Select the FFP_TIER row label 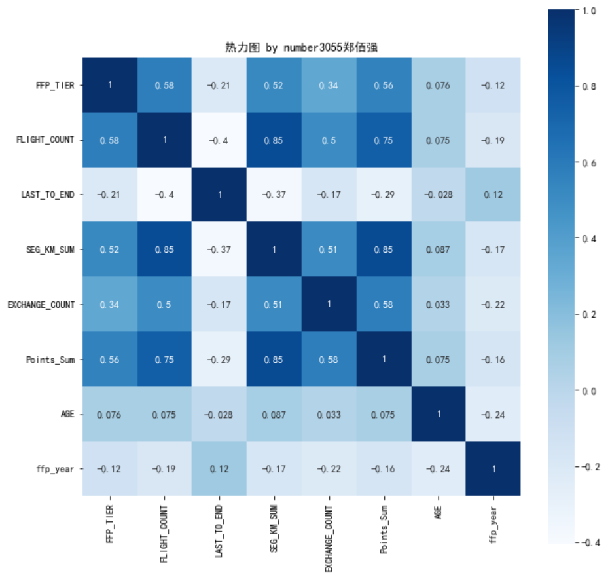pos(56,84)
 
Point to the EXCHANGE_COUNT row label pos(42,304)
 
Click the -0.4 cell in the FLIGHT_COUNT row pos(219,140)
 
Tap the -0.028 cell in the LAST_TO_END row pos(439,195)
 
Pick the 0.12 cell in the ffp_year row pos(219,468)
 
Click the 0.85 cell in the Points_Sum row pos(274,359)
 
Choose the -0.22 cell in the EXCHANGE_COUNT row pos(493,304)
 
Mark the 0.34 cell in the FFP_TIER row pos(329,84)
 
